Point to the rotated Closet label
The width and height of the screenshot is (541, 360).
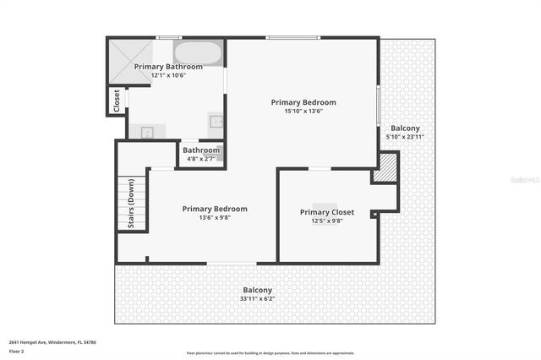[117, 100]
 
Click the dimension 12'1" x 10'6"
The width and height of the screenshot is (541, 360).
[168, 75]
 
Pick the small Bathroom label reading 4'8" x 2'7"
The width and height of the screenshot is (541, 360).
[201, 150]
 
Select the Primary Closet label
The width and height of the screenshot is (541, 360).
[326, 212]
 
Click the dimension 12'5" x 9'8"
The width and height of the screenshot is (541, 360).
[326, 221]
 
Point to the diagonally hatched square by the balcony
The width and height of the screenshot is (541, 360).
[385, 166]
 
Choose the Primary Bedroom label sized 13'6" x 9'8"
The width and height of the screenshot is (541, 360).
[215, 209]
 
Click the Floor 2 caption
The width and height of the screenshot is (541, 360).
[17, 351]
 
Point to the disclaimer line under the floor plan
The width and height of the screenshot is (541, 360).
[270, 353]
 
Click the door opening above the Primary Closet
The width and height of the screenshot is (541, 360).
[319, 169]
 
